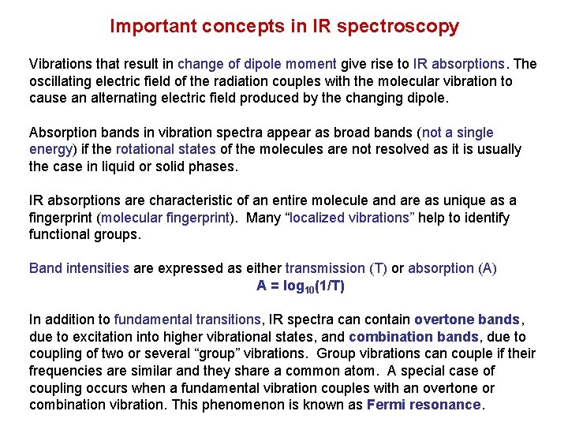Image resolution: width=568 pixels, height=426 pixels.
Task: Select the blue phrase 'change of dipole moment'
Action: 257,64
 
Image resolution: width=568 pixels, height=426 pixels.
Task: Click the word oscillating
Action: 62,81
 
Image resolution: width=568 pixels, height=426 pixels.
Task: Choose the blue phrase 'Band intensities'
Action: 79,268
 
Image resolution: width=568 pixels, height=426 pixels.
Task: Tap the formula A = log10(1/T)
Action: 300,286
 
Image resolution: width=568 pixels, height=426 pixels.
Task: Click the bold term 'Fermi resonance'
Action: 424,405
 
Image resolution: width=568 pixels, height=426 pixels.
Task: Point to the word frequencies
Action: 65,371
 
